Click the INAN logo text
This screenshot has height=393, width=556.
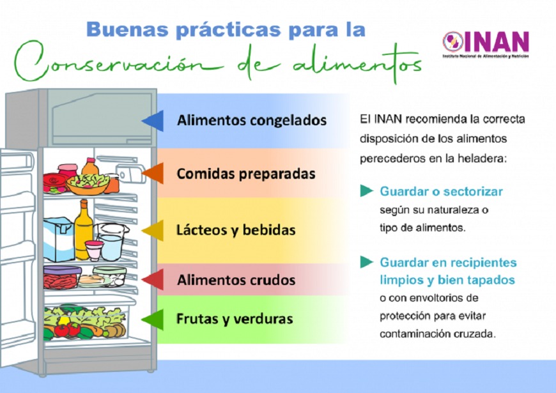pyautogui.click(x=497, y=42)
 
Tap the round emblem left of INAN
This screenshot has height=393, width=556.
pyautogui.click(x=453, y=42)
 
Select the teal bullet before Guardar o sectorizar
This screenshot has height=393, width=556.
pyautogui.click(x=367, y=191)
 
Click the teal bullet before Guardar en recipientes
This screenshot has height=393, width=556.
pyautogui.click(x=367, y=262)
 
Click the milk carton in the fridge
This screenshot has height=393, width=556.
pyautogui.click(x=59, y=239)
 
